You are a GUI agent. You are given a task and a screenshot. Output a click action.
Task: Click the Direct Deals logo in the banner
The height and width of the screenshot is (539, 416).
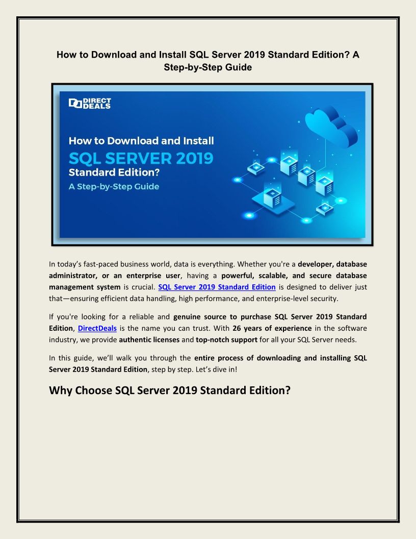90,104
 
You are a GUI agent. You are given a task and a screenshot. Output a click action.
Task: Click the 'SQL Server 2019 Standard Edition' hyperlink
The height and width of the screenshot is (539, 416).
217,287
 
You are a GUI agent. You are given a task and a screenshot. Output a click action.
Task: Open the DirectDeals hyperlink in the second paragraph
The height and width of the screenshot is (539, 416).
97,328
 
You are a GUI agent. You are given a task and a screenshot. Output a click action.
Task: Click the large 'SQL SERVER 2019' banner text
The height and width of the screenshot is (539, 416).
141,158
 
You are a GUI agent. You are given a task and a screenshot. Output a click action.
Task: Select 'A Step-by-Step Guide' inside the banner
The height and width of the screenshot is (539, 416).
114,187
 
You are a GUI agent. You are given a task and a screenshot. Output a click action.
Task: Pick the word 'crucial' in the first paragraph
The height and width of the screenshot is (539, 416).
141,287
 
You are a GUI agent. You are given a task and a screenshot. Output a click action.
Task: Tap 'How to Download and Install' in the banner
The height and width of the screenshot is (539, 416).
141,140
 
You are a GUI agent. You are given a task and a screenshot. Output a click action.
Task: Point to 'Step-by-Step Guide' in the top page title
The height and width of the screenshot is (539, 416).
208,67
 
